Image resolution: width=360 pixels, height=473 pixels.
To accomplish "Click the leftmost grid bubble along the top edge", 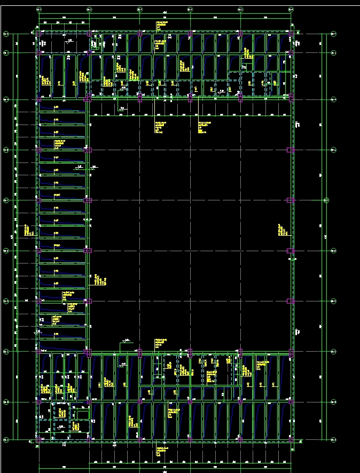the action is pyautogui.click(x=39, y=10).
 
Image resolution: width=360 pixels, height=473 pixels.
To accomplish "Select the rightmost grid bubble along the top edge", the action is pyautogui.click(x=291, y=10).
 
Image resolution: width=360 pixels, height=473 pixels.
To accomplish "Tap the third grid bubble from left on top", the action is pyautogui.click(x=139, y=10).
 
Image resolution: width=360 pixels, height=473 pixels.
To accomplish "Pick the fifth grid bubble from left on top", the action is pyautogui.click(x=240, y=10).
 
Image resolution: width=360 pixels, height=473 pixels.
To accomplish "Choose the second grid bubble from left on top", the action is pyautogui.click(x=89, y=10).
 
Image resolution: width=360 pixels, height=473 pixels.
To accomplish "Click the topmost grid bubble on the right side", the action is pyautogui.click(x=334, y=34).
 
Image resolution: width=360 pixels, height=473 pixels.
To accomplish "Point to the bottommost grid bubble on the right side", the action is pyautogui.click(x=334, y=439).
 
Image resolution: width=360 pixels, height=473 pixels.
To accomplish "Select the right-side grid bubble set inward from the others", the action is pyautogui.click(x=326, y=200).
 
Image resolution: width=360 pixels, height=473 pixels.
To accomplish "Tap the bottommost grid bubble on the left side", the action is pyautogui.click(x=6, y=439).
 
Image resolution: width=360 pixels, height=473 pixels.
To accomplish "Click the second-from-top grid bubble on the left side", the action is pyautogui.click(x=6, y=53).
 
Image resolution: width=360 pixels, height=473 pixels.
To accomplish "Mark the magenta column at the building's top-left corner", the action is pyautogui.click(x=39, y=34).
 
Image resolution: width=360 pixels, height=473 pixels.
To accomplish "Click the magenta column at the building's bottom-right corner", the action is pyautogui.click(x=291, y=439).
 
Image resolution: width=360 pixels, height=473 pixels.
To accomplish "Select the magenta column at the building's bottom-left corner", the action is pyautogui.click(x=39, y=439).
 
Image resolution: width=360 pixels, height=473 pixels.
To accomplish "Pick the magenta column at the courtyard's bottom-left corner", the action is pyautogui.click(x=88, y=352).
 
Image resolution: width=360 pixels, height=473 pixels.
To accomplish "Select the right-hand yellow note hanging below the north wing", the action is pyautogui.click(x=202, y=127).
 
